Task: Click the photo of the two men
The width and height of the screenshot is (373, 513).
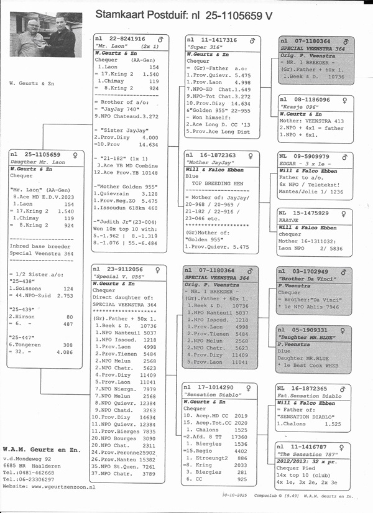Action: (x=47, y=35)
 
